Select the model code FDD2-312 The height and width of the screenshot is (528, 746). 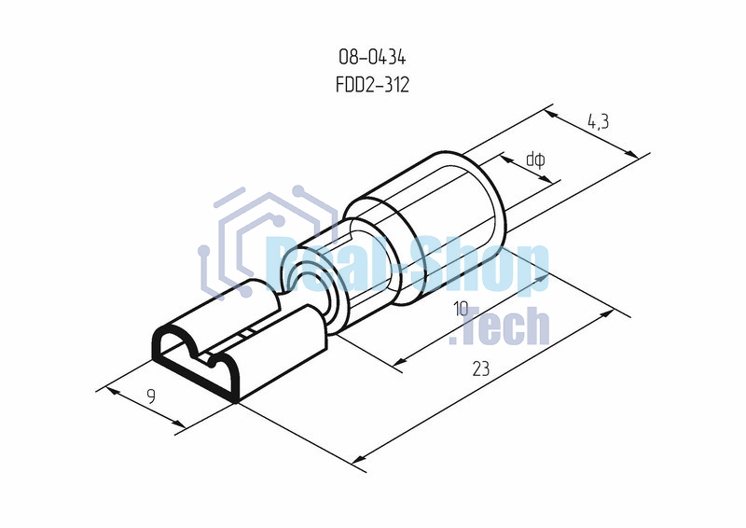pyautogui.click(x=372, y=85)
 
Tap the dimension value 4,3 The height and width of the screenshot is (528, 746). pyautogui.click(x=600, y=120)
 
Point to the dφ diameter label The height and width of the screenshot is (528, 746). pyautogui.click(x=535, y=160)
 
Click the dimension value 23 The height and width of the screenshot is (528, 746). pyautogui.click(x=480, y=368)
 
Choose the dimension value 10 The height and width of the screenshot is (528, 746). pyautogui.click(x=460, y=309)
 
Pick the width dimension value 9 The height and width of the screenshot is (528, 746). pyautogui.click(x=151, y=396)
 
